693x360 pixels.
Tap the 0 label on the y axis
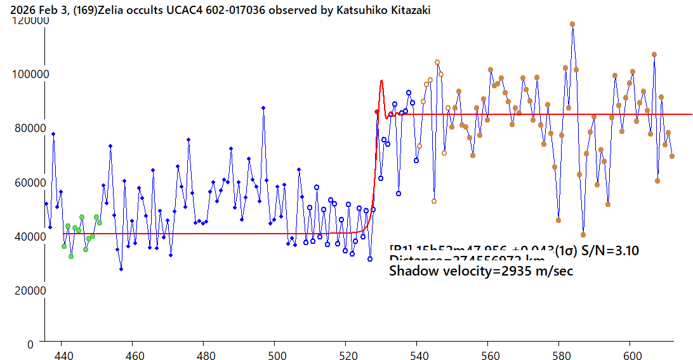click(x=31, y=344)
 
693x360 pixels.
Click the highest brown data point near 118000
click(x=572, y=24)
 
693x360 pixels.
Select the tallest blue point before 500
click(x=263, y=108)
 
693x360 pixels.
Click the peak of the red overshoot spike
click(x=381, y=81)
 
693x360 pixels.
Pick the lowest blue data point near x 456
click(x=121, y=269)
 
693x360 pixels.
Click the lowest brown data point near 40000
click(x=583, y=235)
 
